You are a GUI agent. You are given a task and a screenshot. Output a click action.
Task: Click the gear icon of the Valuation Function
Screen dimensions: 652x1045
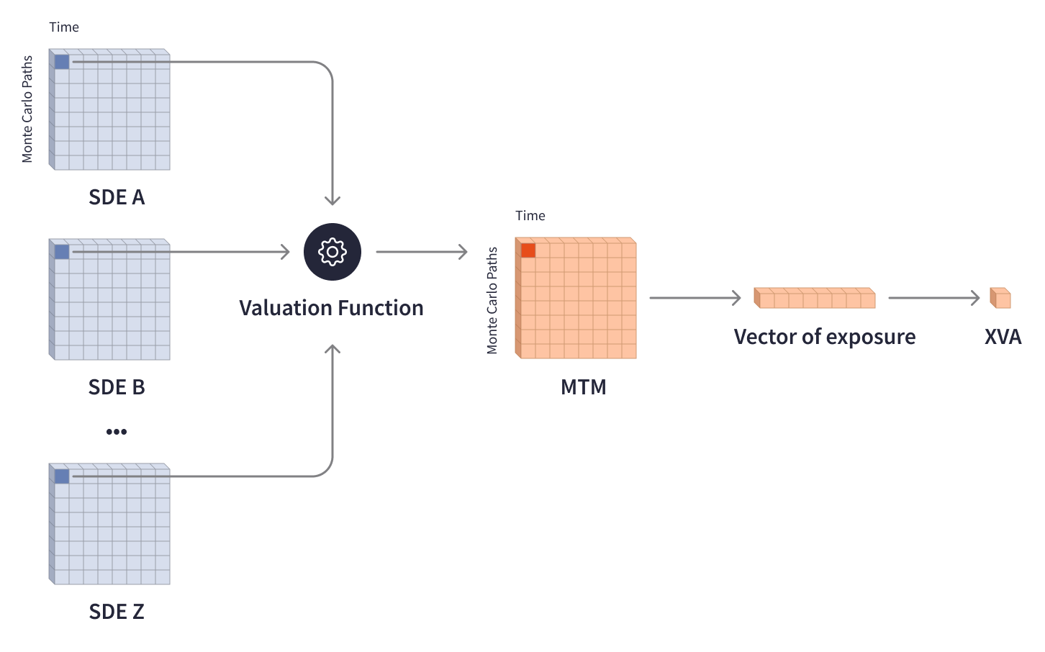click(x=332, y=252)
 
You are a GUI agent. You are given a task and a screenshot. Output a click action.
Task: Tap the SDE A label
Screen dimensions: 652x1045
click(x=117, y=197)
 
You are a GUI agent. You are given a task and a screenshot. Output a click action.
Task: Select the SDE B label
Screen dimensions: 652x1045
click(x=117, y=387)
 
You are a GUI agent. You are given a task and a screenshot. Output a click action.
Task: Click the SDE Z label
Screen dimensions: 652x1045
click(x=117, y=612)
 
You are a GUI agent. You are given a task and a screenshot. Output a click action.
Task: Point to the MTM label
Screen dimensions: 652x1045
click(x=583, y=387)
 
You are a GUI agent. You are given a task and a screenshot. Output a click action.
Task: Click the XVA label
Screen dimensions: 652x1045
click(x=1003, y=337)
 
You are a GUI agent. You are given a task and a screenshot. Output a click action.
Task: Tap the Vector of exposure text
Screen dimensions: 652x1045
click(x=824, y=337)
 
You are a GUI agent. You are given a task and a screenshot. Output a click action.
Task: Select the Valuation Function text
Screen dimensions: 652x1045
click(x=331, y=308)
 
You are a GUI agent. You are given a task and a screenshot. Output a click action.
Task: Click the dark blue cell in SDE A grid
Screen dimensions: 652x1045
click(x=62, y=62)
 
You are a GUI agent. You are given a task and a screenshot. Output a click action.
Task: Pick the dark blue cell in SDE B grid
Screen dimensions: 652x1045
click(x=62, y=252)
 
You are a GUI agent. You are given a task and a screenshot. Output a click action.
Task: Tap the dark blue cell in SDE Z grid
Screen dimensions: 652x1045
click(x=62, y=476)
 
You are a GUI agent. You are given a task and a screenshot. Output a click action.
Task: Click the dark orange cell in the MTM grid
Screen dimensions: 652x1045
click(x=528, y=250)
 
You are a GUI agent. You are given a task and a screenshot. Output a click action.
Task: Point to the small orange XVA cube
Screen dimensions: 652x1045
click(x=1001, y=298)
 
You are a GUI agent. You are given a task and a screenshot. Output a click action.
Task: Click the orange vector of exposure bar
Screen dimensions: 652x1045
click(x=815, y=298)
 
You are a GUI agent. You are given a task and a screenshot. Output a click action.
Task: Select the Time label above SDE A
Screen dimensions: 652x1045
click(x=64, y=27)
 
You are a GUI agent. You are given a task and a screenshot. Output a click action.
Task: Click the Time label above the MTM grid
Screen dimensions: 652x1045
click(x=530, y=216)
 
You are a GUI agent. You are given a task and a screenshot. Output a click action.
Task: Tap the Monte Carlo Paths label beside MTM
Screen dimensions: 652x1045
click(x=492, y=301)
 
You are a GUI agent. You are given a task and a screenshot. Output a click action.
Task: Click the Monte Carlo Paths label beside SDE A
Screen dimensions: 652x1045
click(x=27, y=109)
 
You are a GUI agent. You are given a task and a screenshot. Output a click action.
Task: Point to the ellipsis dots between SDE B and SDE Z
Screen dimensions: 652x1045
click(x=117, y=432)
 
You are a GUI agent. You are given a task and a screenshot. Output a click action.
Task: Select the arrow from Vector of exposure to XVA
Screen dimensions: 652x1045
click(x=933, y=298)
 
